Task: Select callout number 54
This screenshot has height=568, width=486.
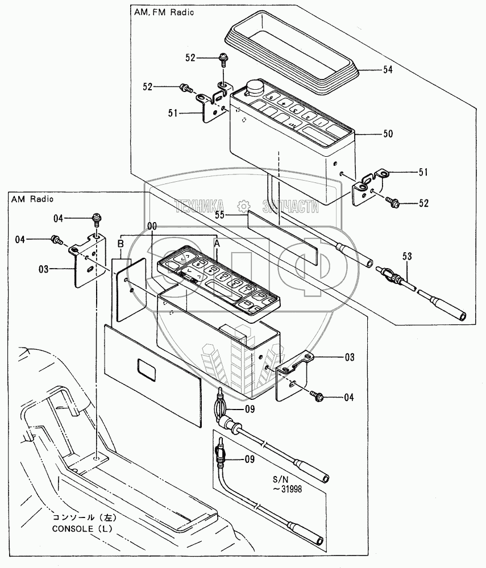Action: tap(387, 69)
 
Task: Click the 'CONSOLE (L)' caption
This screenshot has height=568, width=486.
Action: tap(82, 528)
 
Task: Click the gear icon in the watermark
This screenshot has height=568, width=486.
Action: tap(243, 205)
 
